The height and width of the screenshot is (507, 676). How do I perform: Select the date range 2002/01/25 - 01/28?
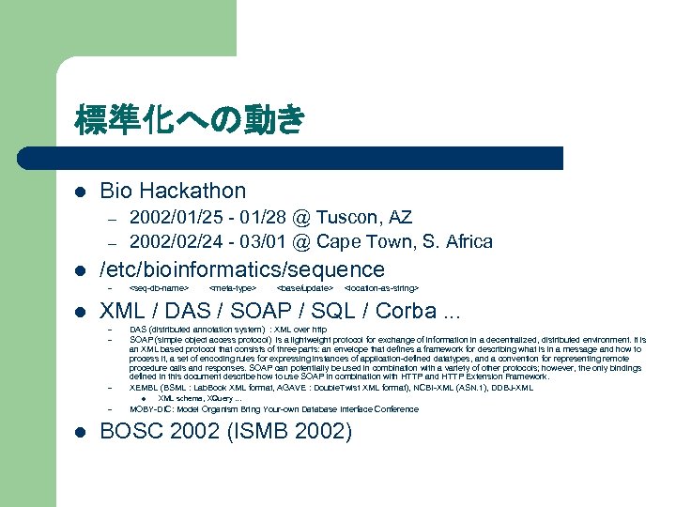pos(205,218)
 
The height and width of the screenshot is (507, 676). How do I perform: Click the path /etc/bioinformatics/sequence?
pos(242,269)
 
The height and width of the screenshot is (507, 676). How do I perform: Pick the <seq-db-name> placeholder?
pos(159,287)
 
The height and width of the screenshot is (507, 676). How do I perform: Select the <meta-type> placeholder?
pos(233,287)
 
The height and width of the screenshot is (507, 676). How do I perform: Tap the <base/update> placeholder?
pos(305,287)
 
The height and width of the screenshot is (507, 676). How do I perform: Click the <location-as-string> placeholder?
pos(382,287)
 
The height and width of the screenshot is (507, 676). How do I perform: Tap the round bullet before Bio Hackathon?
pos(81,192)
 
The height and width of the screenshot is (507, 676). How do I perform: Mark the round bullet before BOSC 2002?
pos(81,433)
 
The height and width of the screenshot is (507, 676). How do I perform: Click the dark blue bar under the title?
pos(310,158)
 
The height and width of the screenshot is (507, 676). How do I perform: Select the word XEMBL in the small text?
pos(144,388)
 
